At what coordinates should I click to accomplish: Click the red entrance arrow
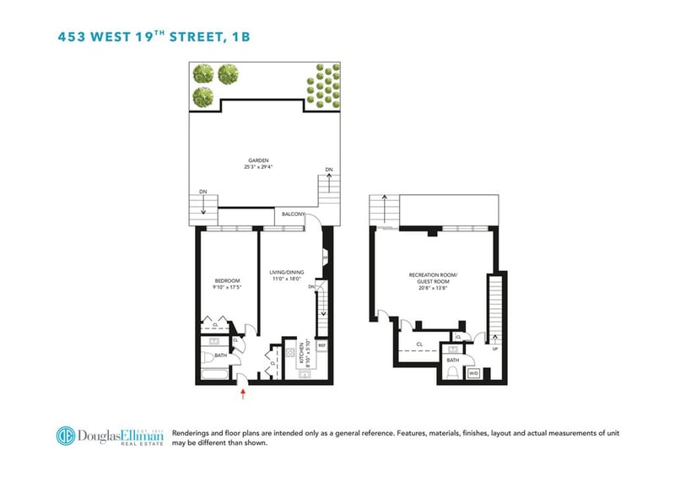click(244, 391)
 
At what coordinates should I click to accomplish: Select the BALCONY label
click(294, 214)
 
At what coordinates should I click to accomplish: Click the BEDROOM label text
click(227, 281)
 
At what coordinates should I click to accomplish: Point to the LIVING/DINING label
click(286, 272)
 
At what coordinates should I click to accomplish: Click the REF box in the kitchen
click(321, 345)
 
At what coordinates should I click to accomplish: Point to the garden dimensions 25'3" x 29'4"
click(257, 166)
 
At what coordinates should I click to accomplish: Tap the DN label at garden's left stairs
click(202, 192)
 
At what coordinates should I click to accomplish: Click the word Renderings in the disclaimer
click(192, 431)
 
